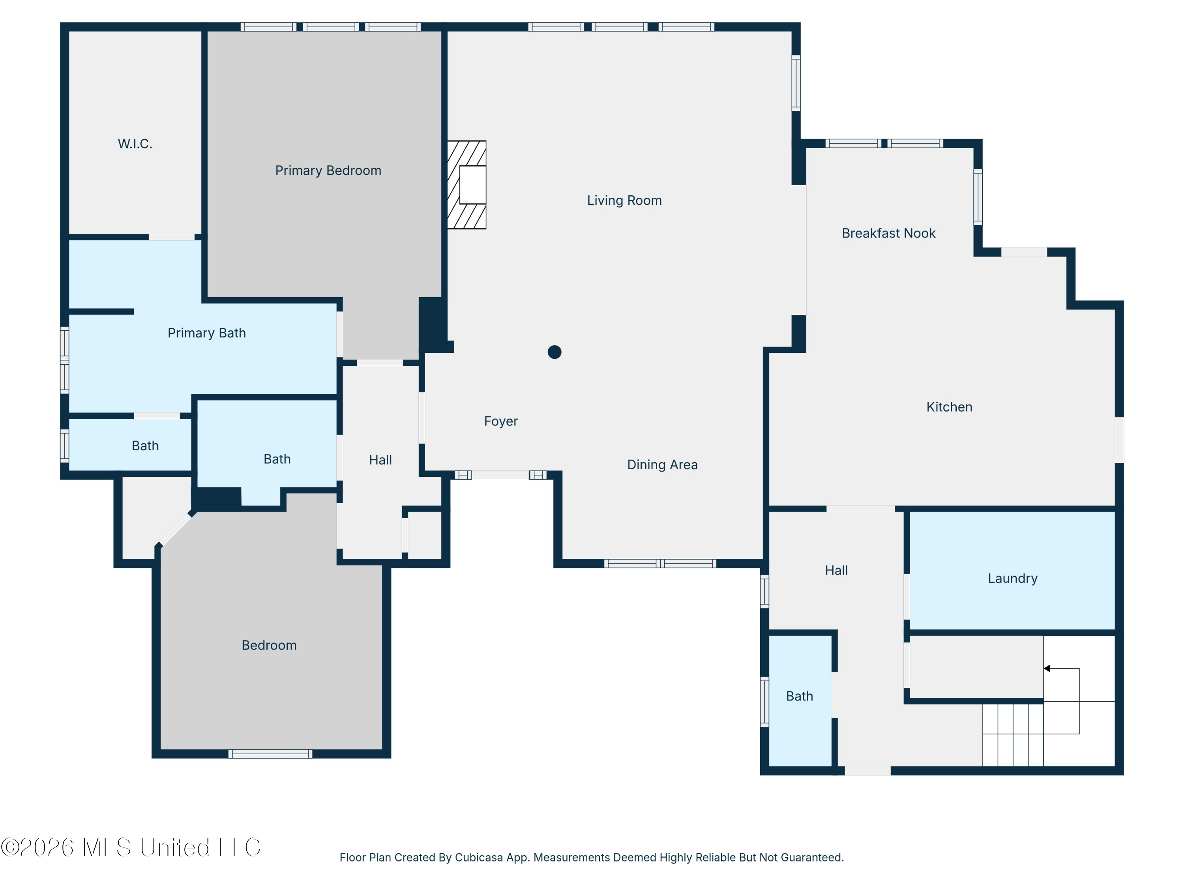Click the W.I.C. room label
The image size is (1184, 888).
(135, 143)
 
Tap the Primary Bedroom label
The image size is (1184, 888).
(328, 170)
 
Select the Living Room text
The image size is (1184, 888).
(624, 200)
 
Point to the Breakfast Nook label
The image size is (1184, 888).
(888, 233)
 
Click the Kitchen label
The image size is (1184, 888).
(949, 407)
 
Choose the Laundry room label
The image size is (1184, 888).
(1012, 578)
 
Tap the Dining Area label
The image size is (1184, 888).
(662, 465)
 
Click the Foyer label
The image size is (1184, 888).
(500, 421)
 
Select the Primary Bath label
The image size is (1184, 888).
(207, 333)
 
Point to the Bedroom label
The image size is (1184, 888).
(269, 645)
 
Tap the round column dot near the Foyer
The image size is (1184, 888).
(555, 352)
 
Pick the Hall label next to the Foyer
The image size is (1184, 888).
(380, 460)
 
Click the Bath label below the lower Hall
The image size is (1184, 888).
(799, 696)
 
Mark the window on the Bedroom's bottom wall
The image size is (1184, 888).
(270, 754)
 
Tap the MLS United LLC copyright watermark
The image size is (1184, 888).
(131, 847)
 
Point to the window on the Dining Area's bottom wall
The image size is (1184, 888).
(660, 563)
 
